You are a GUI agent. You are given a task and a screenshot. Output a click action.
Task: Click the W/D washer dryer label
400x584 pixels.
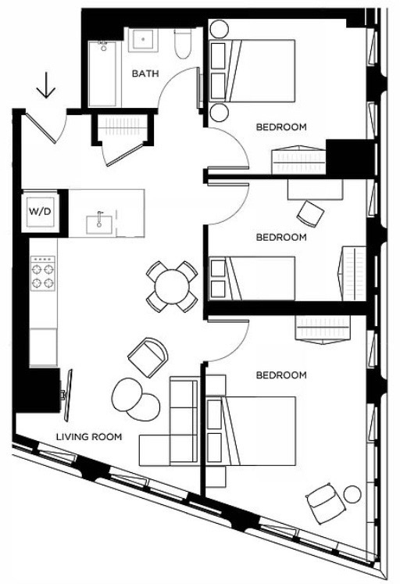pyautogui.click(x=40, y=212)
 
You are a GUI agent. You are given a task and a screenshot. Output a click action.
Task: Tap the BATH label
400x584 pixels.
pyautogui.click(x=145, y=73)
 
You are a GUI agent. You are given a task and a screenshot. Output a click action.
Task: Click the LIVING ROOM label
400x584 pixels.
pyautogui.click(x=89, y=436)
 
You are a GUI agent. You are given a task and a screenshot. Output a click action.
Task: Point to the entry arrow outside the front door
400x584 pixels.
pyautogui.click(x=46, y=85)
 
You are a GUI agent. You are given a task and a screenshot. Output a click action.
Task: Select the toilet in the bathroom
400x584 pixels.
pyautogui.click(x=183, y=43)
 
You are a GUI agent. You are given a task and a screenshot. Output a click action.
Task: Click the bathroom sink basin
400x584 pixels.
pyautogui.click(x=143, y=39)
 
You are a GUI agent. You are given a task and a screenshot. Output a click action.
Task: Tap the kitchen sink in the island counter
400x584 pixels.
pyautogui.click(x=99, y=224)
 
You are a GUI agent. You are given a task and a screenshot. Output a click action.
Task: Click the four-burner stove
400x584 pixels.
pyautogui.click(x=43, y=274)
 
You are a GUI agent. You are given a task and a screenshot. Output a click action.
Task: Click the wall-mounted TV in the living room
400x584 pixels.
pyautogui.click(x=68, y=395)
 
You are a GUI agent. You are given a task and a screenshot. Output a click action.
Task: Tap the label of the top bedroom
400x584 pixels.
pyautogui.click(x=281, y=127)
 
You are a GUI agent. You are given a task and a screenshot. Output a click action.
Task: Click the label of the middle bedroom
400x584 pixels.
pyautogui.click(x=281, y=237)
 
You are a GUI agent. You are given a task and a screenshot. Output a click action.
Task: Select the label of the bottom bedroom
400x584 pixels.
pyautogui.click(x=281, y=375)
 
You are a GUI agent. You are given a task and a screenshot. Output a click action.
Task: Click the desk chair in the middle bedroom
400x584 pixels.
pyautogui.click(x=310, y=213)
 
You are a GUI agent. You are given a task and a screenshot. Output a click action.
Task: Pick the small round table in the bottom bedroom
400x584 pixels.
pyautogui.click(x=352, y=494)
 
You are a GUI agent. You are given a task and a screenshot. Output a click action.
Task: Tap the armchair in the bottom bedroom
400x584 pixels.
pyautogui.click(x=326, y=503)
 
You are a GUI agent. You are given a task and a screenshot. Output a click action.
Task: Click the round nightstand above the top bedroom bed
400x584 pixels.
pyautogui.click(x=220, y=29)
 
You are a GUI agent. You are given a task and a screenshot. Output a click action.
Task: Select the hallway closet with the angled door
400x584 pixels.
pyautogui.click(x=123, y=131)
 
